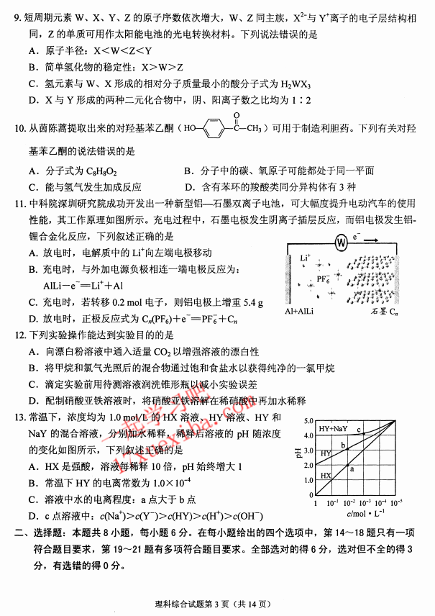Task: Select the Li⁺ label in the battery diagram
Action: coord(305,257)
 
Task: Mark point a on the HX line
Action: coord(352,468)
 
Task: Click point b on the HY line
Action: coord(344,445)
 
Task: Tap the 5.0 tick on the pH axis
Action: coord(308,420)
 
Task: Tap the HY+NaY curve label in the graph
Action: coord(333,429)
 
